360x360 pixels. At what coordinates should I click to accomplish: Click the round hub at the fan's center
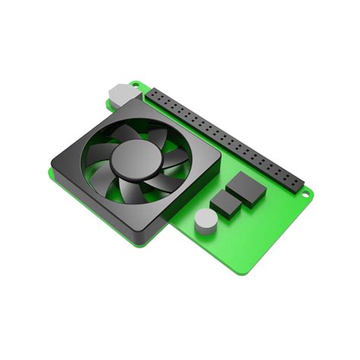click(133, 158)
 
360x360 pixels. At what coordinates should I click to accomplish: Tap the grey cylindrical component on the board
click(205, 220)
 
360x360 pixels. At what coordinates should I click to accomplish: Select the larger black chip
click(246, 188)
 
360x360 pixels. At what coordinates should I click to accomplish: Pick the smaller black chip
click(226, 203)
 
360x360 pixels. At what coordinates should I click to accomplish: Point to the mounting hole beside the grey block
click(135, 84)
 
